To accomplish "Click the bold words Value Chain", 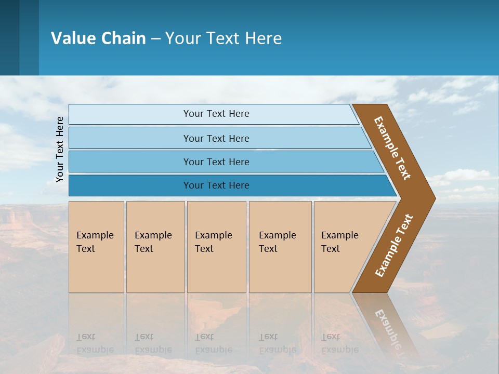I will click(x=98, y=38).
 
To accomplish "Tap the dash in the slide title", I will click(x=155, y=38).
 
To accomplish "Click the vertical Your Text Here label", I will click(x=60, y=149).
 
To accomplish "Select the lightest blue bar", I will click(x=216, y=114).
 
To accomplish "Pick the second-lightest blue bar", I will click(x=216, y=138).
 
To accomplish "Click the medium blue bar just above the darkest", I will click(x=216, y=162).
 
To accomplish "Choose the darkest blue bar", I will click(x=216, y=185).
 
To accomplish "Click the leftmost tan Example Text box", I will click(x=96, y=246).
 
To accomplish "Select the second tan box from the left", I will click(x=155, y=246).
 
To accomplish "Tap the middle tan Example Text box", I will click(x=216, y=246).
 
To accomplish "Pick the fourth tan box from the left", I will click(x=280, y=246).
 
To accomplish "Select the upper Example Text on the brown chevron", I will click(x=393, y=149).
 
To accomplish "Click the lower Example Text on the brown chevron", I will click(x=394, y=245).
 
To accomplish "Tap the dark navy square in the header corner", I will click(x=9, y=37).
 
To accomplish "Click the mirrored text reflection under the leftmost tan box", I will click(x=95, y=343).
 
